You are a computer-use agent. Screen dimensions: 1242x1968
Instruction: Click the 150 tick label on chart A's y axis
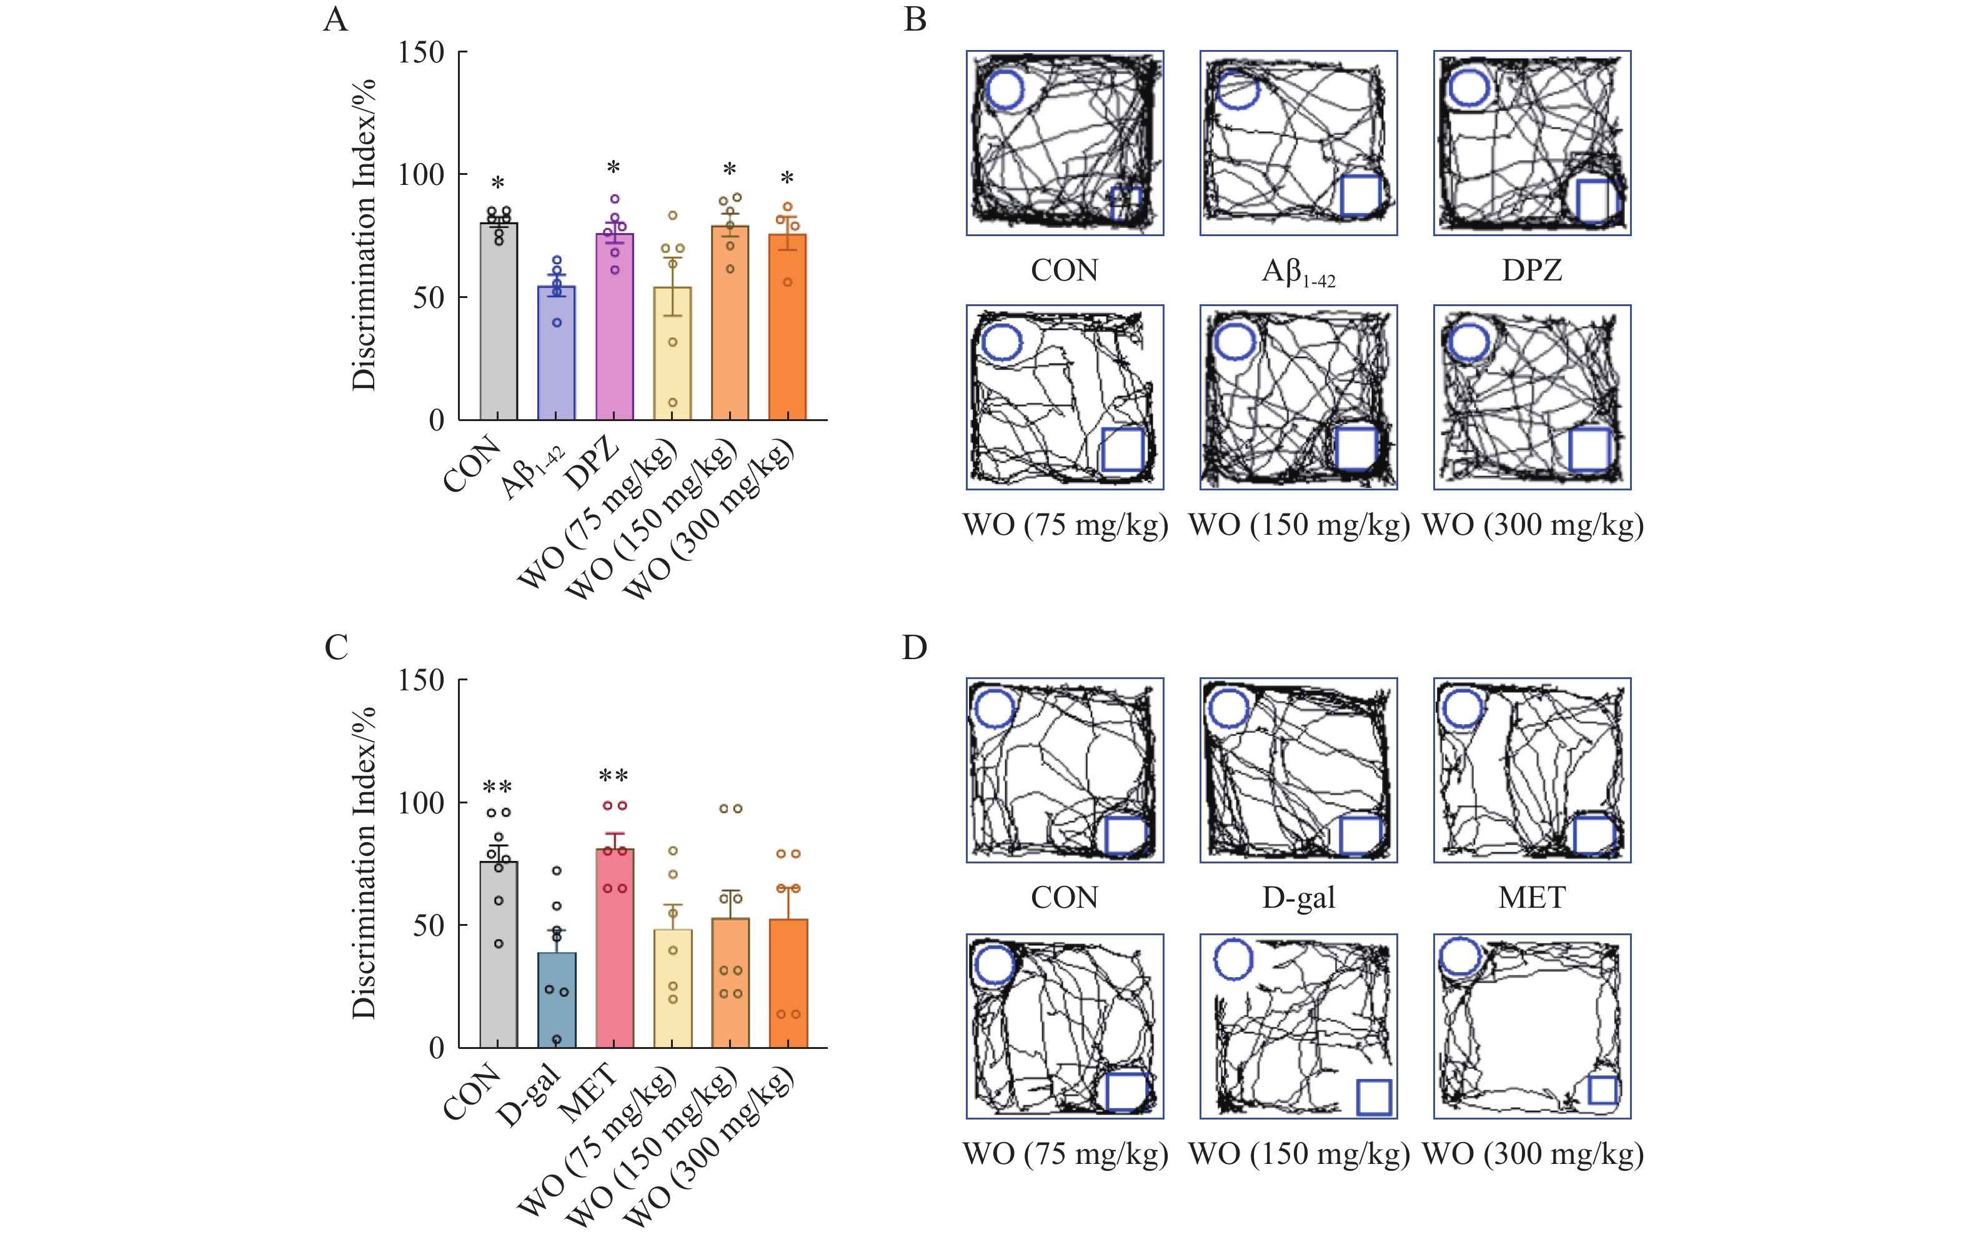click(421, 52)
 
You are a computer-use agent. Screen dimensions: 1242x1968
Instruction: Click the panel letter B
click(915, 19)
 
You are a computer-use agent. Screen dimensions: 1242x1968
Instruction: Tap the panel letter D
click(915, 648)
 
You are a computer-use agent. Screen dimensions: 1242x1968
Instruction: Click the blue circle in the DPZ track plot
click(1469, 88)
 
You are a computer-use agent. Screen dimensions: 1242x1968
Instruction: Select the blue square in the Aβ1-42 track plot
click(1361, 194)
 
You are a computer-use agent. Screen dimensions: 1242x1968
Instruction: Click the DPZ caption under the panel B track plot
click(1531, 271)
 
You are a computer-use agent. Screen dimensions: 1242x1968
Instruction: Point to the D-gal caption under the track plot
click(1298, 898)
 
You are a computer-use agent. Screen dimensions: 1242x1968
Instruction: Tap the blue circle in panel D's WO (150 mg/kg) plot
click(1233, 958)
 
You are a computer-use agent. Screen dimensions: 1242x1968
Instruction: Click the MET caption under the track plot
click(1531, 898)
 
